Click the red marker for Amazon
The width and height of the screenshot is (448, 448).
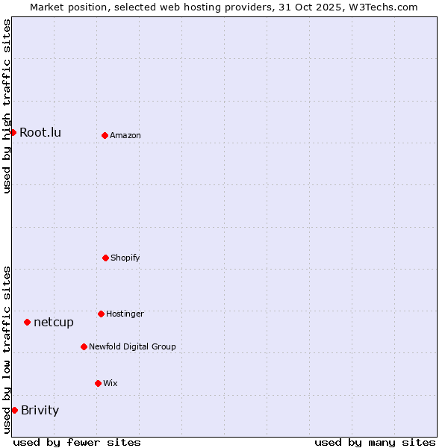pyautogui.click(x=105, y=135)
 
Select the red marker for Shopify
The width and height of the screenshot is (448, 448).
pyautogui.click(x=105, y=258)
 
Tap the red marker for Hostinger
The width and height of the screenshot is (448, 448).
pyautogui.click(x=101, y=314)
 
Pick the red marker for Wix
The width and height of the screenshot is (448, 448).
pyautogui.click(x=98, y=383)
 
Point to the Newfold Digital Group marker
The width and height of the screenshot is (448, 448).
pyautogui.click(x=84, y=346)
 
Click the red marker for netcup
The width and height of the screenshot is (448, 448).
pyautogui.click(x=27, y=322)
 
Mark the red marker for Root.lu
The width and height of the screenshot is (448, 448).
pyautogui.click(x=13, y=132)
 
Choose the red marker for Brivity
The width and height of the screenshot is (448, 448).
pyautogui.click(x=14, y=410)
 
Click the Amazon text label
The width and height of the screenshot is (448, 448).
pyautogui.click(x=125, y=135)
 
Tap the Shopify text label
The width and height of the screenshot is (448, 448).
pyautogui.click(x=125, y=258)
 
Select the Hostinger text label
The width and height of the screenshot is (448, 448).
pyautogui.click(x=125, y=314)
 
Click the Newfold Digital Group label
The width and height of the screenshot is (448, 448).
pyautogui.click(x=132, y=346)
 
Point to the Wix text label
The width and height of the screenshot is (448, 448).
pyautogui.click(x=111, y=383)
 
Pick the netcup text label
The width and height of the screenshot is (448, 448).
pyautogui.click(x=54, y=322)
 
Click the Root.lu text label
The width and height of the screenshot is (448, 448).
pyautogui.click(x=40, y=132)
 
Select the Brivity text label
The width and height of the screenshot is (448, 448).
pyautogui.click(x=40, y=410)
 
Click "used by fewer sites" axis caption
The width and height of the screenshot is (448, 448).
pyautogui.click(x=77, y=442)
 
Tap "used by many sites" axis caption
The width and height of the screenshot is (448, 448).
pyautogui.click(x=375, y=442)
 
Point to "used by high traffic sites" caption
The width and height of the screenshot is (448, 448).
pyautogui.click(x=7, y=106)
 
